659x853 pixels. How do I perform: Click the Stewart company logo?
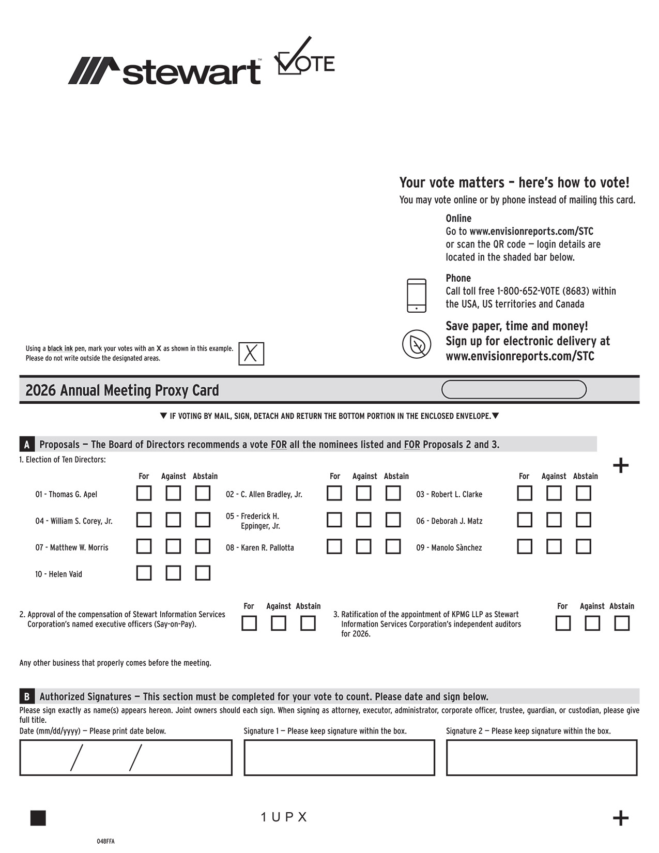[164, 71]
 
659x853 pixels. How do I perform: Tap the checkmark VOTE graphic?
[304, 57]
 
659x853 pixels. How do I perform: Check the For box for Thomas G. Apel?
[144, 493]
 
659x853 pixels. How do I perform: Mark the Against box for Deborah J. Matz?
[554, 520]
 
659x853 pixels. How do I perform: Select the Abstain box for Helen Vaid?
[203, 573]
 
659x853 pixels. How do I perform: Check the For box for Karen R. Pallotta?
[334, 546]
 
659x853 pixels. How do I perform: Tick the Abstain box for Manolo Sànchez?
[584, 546]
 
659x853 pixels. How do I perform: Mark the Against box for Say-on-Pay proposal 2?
[279, 623]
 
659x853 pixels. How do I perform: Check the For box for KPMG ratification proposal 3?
[563, 623]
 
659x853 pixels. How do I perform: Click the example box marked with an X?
[251, 354]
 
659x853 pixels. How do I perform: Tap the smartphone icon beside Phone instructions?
[417, 296]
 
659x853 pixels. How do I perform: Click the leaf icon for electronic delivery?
[417, 344]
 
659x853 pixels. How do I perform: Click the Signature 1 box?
[339, 758]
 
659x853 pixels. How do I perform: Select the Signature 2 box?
[542, 758]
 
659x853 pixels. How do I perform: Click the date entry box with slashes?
[126, 758]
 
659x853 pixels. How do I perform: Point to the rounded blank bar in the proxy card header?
[514, 390]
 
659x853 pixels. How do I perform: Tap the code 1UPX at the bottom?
[284, 817]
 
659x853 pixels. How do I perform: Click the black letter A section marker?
[27, 445]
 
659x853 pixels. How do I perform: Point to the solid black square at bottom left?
[38, 818]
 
